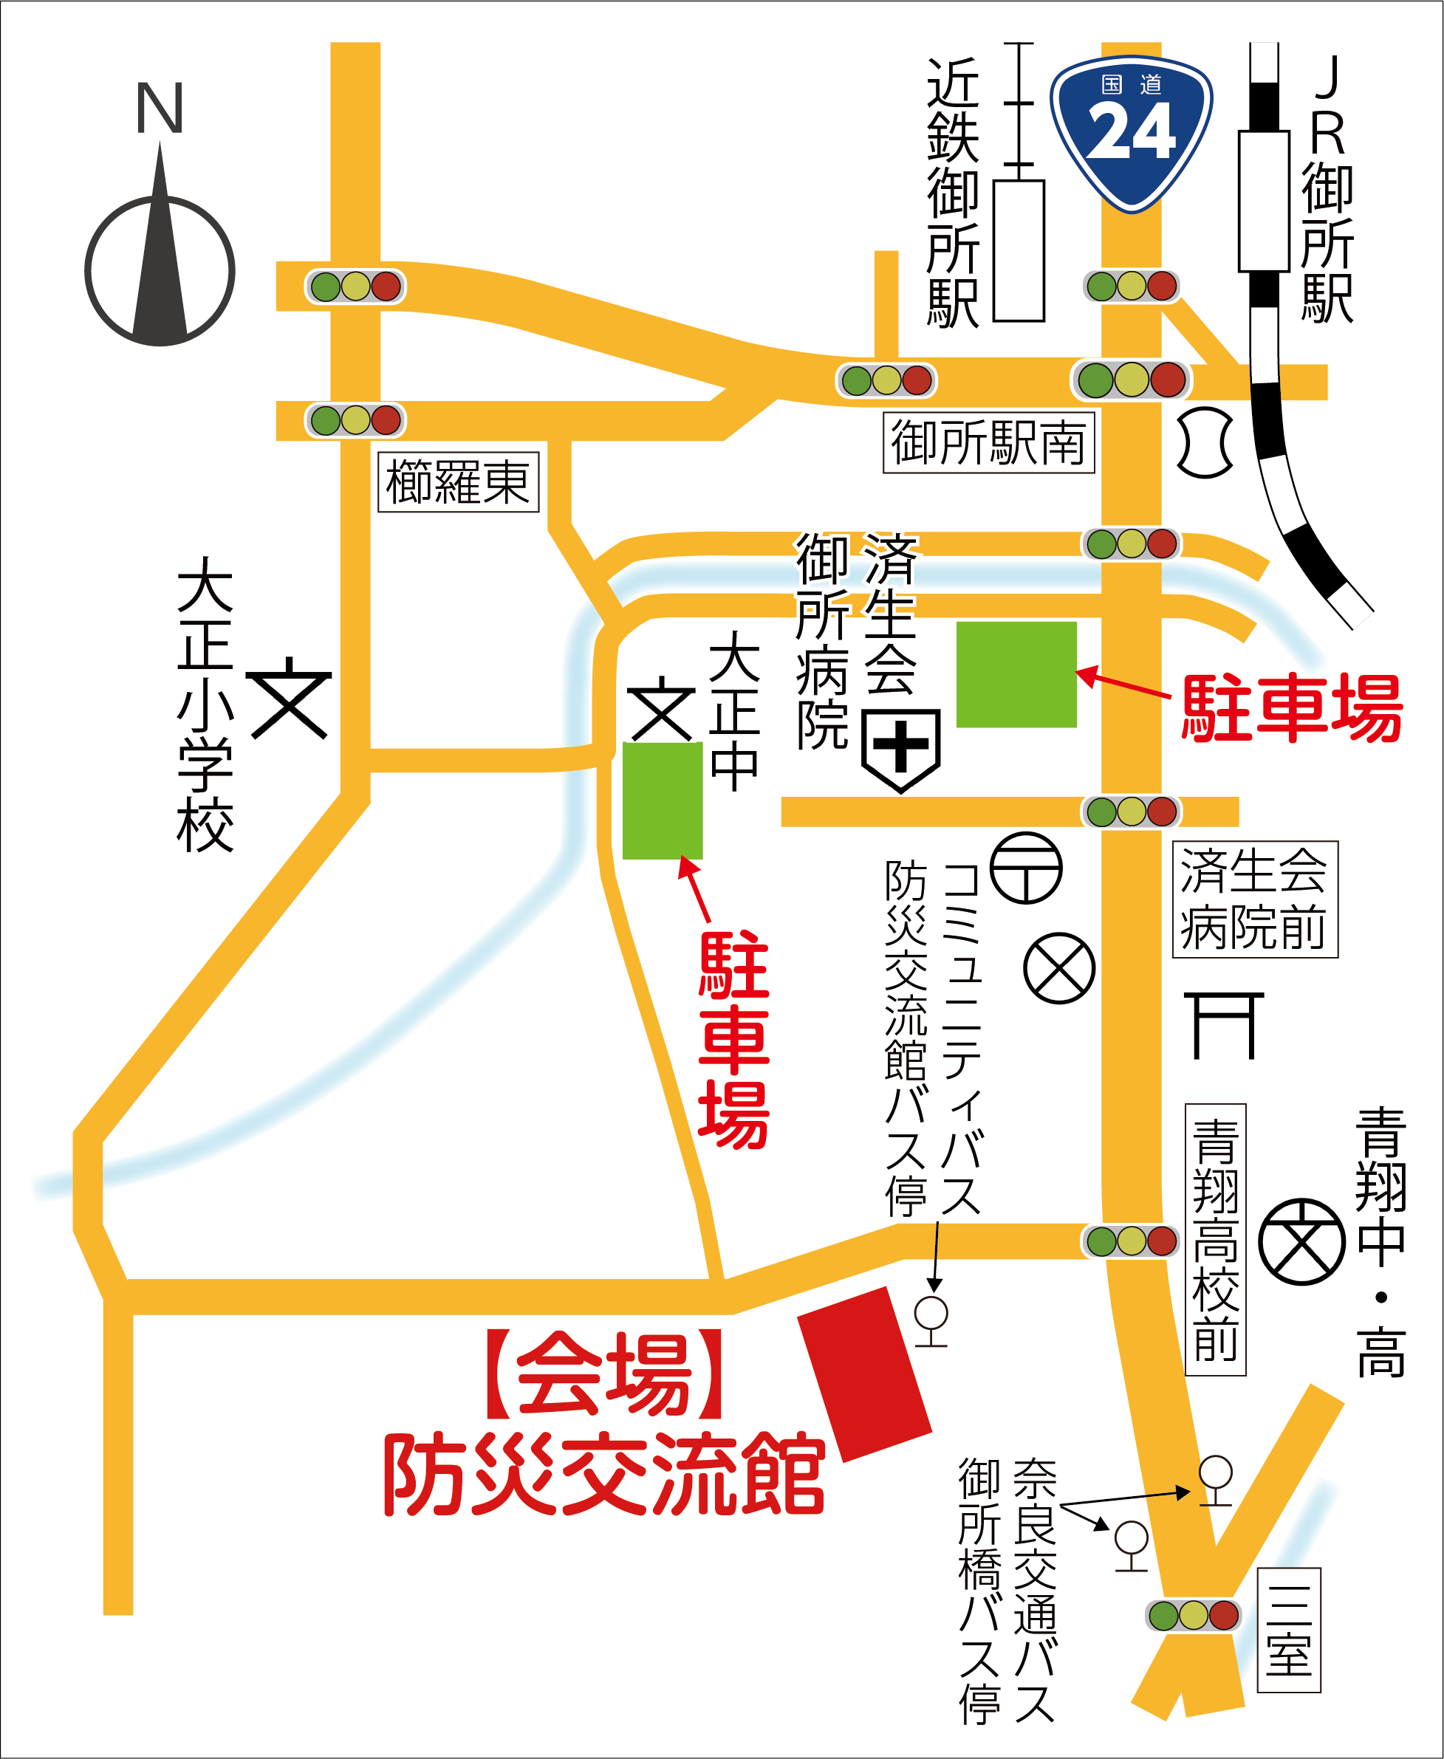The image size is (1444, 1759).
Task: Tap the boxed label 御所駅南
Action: pos(988,443)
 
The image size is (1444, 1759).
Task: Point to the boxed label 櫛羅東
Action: pos(459,482)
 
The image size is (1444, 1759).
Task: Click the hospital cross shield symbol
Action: pos(901,749)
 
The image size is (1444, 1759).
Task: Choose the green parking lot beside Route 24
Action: pos(1016,674)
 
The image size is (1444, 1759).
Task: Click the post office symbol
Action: pos(1026,868)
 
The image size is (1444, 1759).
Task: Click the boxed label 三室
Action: pos(1288,1631)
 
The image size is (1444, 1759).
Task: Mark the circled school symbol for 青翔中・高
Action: pos(1301,1241)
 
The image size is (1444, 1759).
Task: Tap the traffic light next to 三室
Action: pos(1193,1616)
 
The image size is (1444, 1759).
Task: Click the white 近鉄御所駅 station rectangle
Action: pos(1019,250)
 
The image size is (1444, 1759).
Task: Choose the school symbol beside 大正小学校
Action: pos(290,699)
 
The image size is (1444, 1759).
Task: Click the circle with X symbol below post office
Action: pos(1059,968)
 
